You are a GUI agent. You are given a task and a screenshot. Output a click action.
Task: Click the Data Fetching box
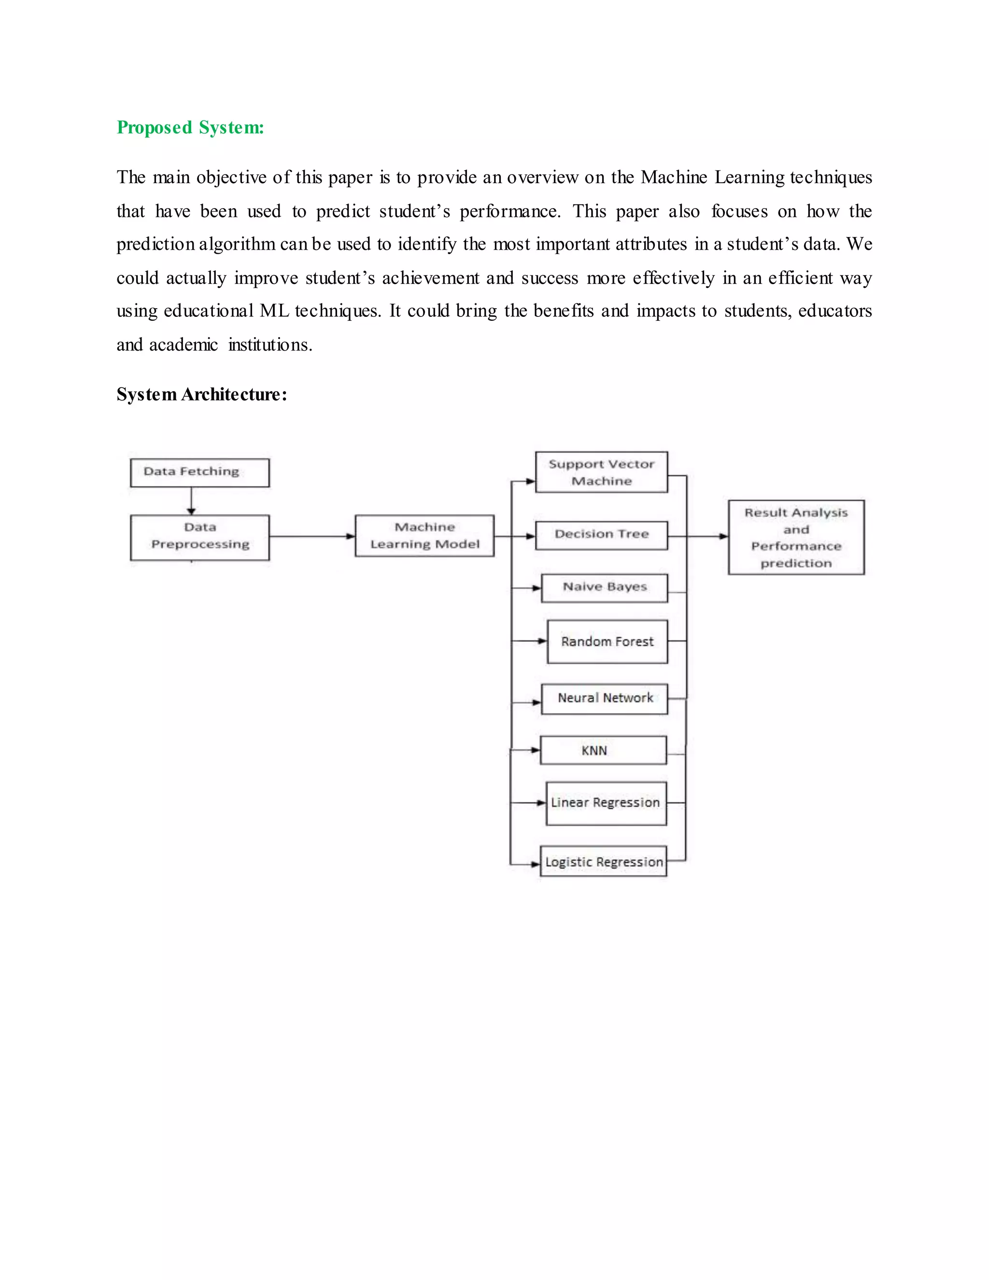(200, 472)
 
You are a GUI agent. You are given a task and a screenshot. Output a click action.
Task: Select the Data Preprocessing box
(200, 537)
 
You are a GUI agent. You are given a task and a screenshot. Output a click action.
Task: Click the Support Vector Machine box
(601, 472)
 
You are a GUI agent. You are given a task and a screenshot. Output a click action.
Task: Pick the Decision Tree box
(601, 535)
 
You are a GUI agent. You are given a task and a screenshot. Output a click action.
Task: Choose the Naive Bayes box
(604, 588)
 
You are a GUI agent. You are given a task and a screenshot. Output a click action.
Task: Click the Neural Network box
(604, 698)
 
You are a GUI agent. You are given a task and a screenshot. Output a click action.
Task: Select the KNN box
(603, 750)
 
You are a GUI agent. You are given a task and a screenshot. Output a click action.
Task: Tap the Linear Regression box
(606, 803)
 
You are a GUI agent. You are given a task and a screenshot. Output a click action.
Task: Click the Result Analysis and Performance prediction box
(796, 537)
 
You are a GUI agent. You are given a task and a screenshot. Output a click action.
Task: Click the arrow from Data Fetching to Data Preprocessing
(191, 501)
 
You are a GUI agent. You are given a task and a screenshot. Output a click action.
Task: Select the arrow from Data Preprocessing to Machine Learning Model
(311, 536)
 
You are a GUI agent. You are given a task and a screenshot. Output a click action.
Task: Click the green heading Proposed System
(190, 127)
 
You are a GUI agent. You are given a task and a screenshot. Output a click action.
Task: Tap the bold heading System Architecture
(201, 395)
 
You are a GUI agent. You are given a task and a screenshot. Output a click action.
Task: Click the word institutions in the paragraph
(269, 344)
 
